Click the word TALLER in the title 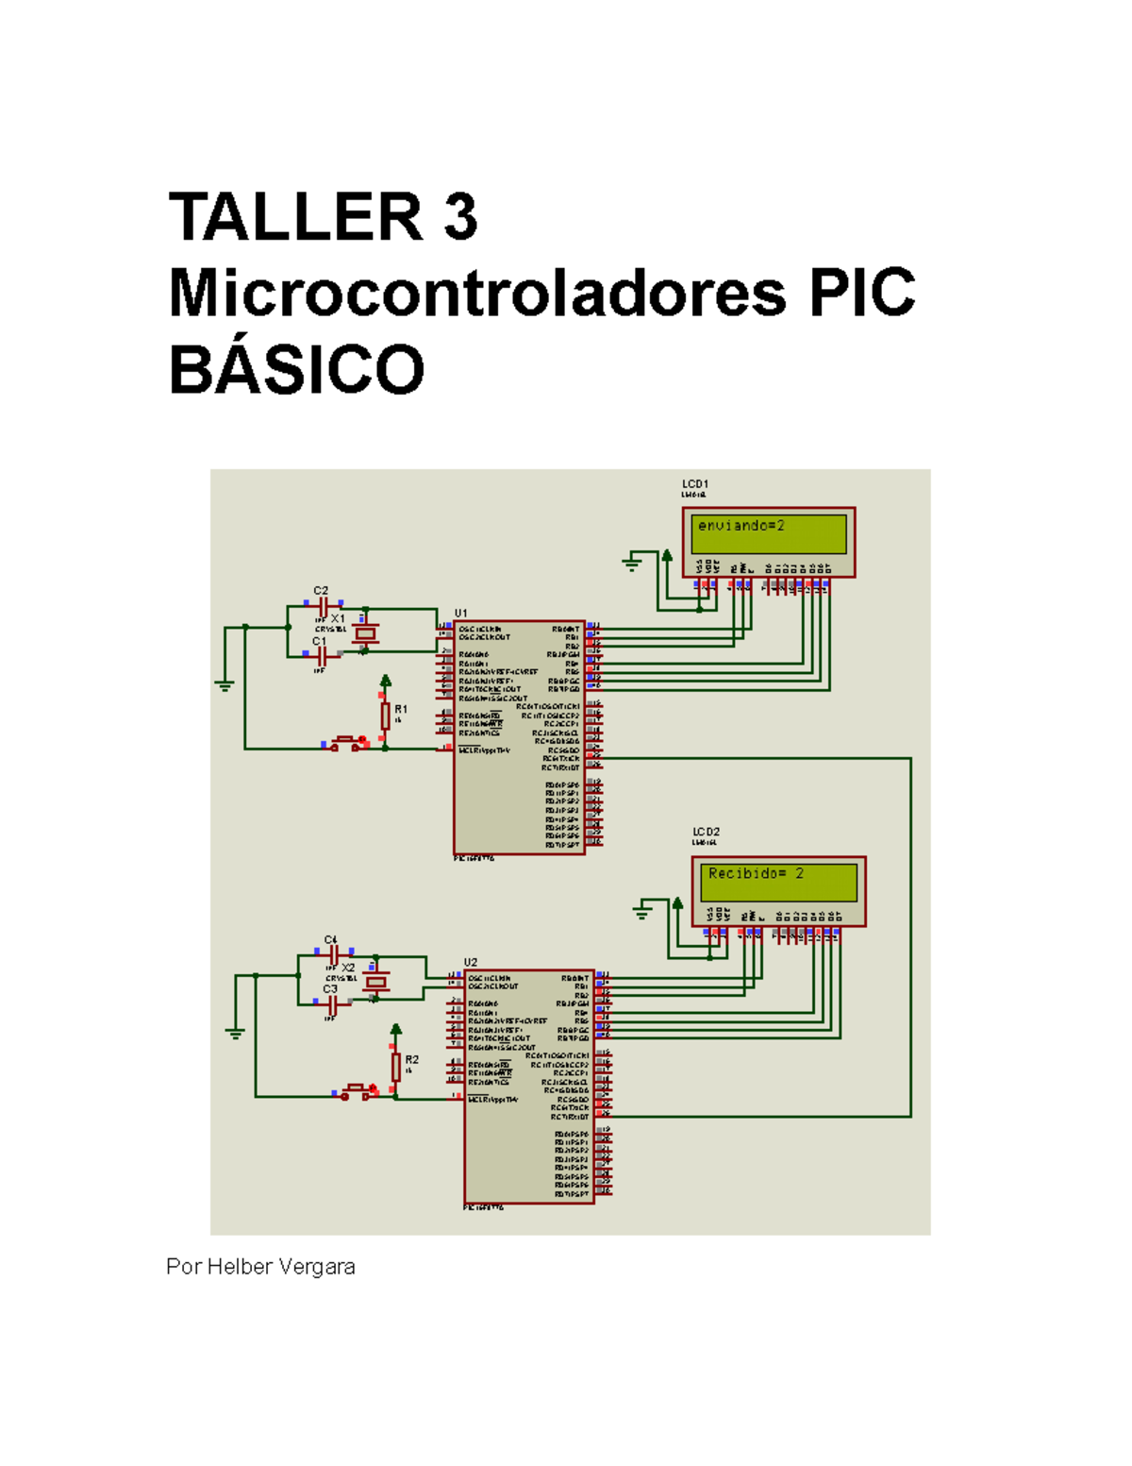pos(294,217)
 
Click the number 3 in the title pos(459,217)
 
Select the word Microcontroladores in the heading pos(476,293)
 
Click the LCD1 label pos(695,484)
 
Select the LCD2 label pos(706,833)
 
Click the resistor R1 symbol pos(386,716)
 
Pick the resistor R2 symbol pos(396,1066)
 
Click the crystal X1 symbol pos(365,634)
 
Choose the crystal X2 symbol pos(376,983)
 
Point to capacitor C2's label pos(321,591)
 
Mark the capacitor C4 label pos(330,940)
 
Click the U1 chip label pos(461,614)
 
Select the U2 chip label pos(471,963)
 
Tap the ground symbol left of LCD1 pos(632,564)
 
